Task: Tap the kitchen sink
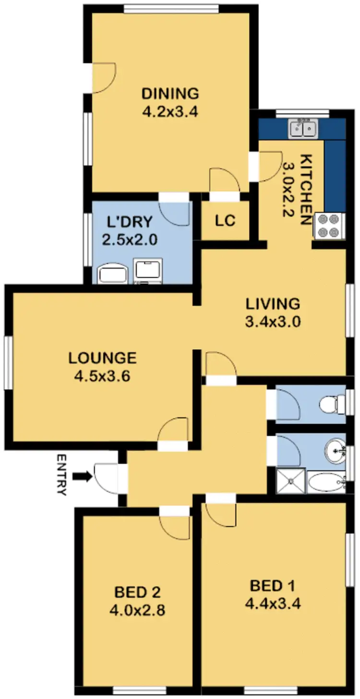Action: click(x=302, y=128)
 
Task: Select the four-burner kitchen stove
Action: click(x=329, y=225)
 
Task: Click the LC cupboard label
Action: click(x=225, y=221)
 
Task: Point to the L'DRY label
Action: click(x=130, y=222)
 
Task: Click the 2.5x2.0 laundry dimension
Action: click(x=130, y=239)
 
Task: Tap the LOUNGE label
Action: click(x=102, y=358)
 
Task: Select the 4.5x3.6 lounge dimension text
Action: click(x=102, y=377)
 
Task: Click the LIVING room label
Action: click(x=273, y=304)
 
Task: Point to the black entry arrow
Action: click(x=84, y=476)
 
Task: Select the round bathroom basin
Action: click(x=335, y=450)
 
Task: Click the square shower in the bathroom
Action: click(x=291, y=481)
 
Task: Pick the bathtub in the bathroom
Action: click(x=326, y=482)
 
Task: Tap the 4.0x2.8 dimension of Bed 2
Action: click(x=138, y=610)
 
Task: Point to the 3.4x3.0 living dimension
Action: click(x=273, y=322)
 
